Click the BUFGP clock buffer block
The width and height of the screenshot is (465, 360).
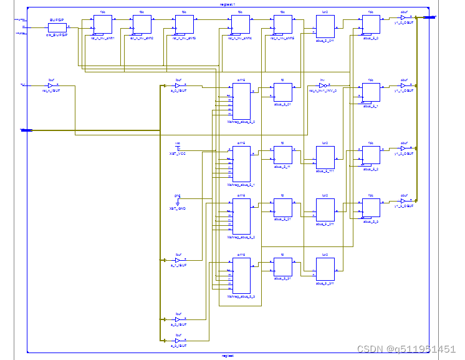57,27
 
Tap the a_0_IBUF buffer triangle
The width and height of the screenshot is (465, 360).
178,85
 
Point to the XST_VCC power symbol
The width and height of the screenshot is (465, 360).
178,148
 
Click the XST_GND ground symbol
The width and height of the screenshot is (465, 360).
178,202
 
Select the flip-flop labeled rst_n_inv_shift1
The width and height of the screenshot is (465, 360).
102,25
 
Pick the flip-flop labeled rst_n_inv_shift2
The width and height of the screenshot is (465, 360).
141,25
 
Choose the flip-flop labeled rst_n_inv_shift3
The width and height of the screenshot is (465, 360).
184,25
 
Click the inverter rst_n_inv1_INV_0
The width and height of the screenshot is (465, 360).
322,85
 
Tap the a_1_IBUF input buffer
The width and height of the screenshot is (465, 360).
178,260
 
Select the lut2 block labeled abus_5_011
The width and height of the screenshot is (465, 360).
325,27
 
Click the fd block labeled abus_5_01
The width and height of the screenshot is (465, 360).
282,93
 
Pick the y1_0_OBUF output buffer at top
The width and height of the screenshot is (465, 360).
403,17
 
